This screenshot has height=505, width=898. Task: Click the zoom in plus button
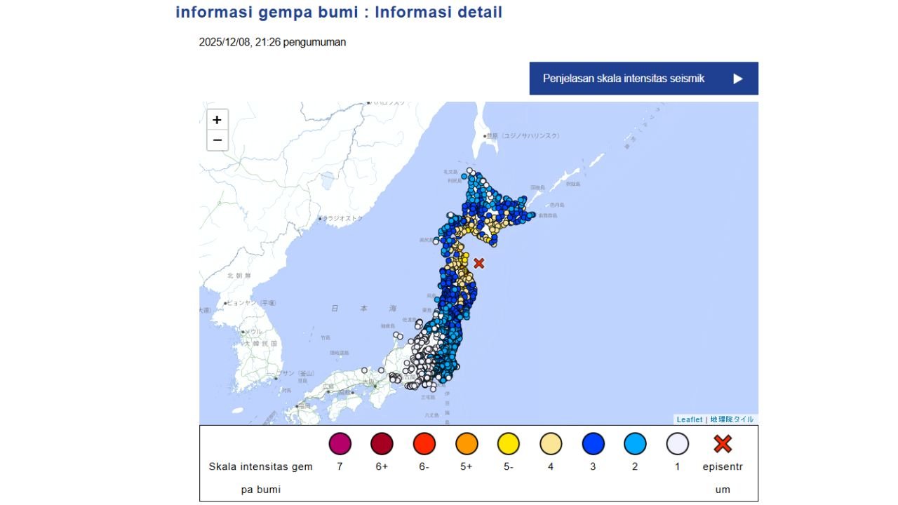(217, 120)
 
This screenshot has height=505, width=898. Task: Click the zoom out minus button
(217, 140)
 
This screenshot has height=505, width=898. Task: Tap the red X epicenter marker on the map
(479, 263)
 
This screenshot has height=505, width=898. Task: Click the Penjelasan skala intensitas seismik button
(643, 79)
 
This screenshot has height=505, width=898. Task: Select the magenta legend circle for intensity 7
(340, 444)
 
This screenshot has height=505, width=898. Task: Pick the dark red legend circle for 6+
(382, 444)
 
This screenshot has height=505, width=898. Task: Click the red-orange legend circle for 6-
(424, 444)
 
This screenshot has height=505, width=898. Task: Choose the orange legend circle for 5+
(467, 444)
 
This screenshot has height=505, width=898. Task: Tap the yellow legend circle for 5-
(509, 444)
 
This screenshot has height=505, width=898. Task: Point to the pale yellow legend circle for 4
(551, 444)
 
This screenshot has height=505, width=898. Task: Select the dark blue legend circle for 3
(593, 444)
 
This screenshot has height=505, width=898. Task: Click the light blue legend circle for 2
(635, 444)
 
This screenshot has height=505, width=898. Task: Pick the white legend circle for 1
(677, 444)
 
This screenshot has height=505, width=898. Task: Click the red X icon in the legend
(723, 444)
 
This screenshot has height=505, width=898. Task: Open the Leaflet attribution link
(689, 419)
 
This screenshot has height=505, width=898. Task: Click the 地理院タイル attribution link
(732, 419)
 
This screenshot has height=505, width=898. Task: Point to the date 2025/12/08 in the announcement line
(220, 42)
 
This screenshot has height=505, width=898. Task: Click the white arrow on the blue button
(737, 79)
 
